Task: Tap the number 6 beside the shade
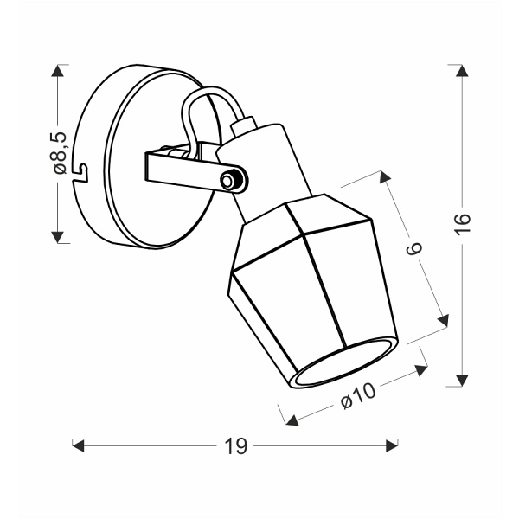coord(413,250)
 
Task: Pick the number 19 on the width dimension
coord(235,446)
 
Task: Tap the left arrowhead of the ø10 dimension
coord(292,421)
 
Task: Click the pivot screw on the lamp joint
coord(229,180)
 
